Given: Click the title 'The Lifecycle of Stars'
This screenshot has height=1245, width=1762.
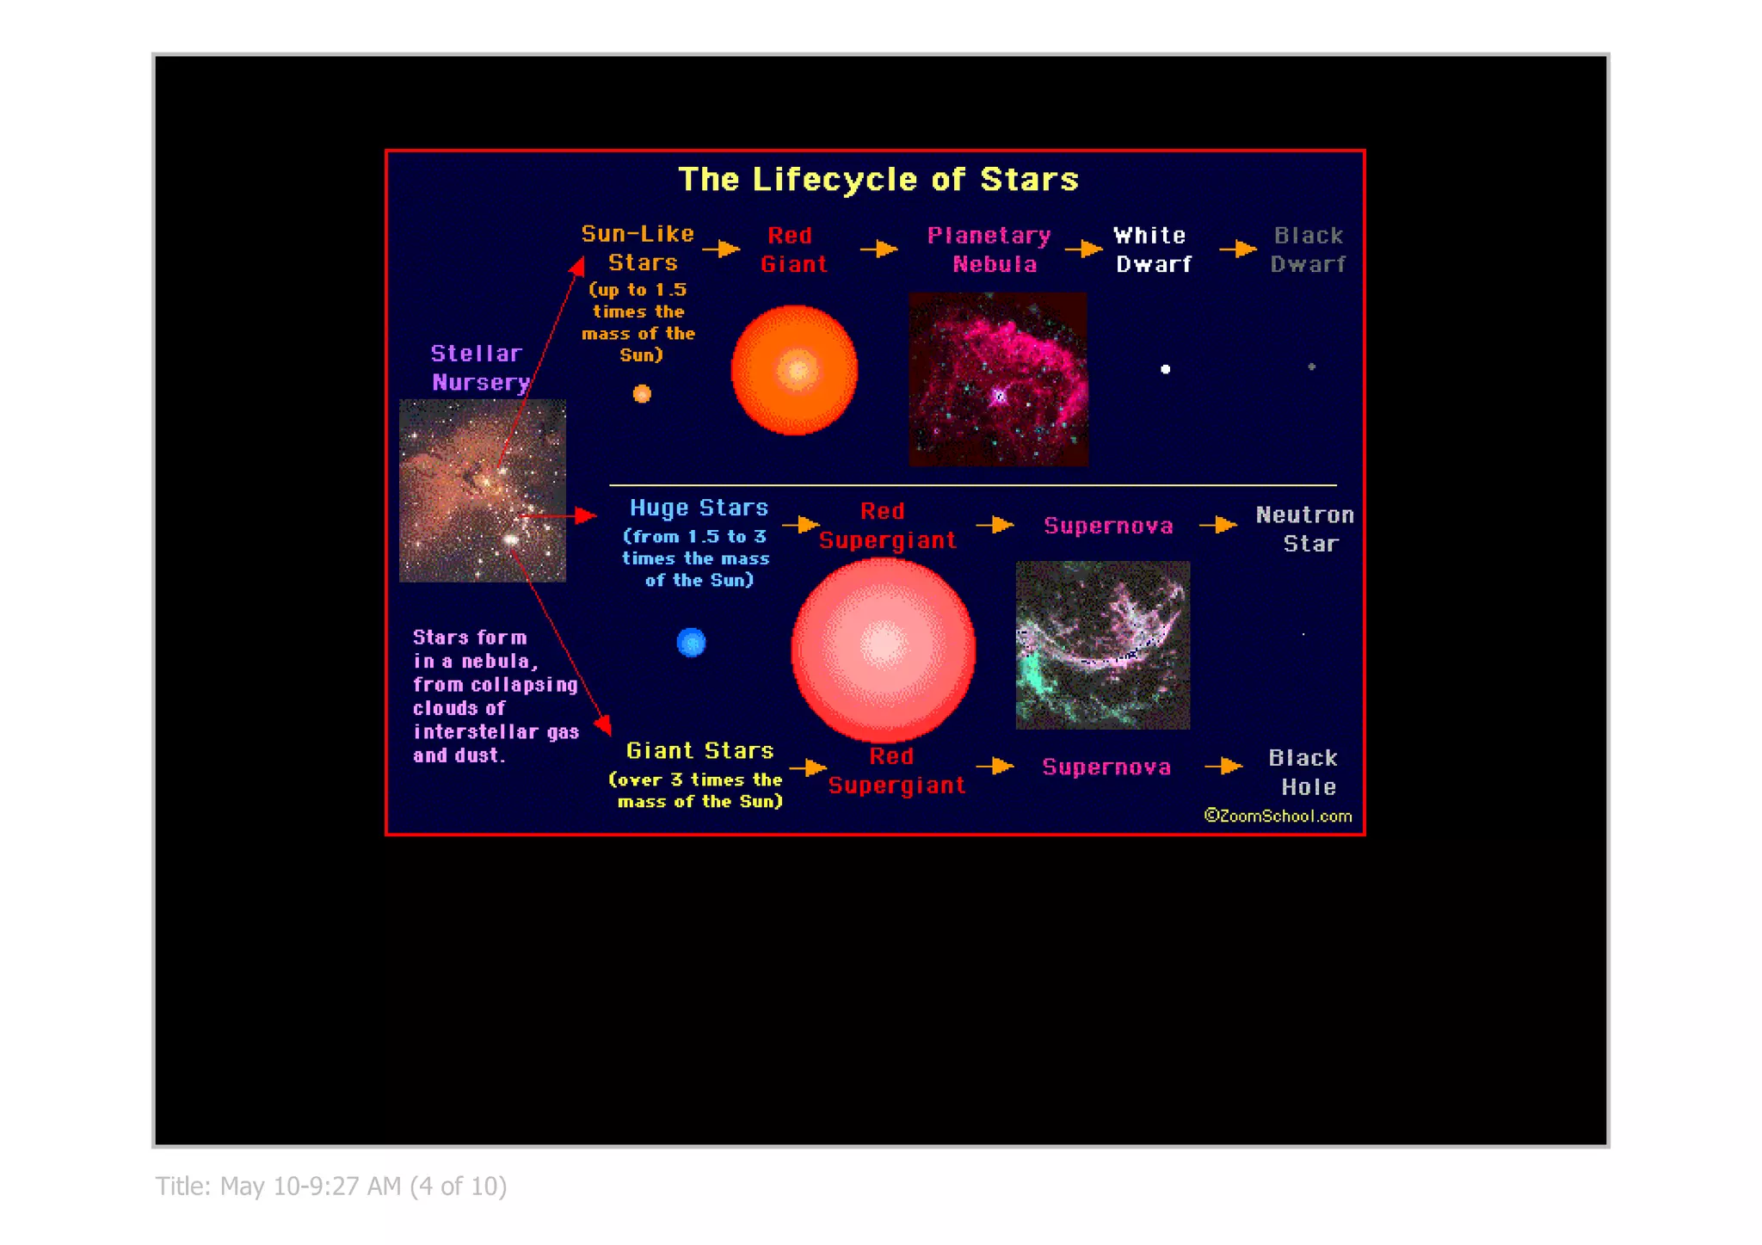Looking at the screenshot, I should pyautogui.click(x=878, y=179).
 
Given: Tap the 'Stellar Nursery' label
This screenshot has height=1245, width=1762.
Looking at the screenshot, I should pyautogui.click(x=478, y=368).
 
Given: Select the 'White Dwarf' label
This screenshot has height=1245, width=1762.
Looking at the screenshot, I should pyautogui.click(x=1152, y=250).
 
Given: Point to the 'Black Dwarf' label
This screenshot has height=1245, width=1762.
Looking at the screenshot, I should pyautogui.click(x=1308, y=250).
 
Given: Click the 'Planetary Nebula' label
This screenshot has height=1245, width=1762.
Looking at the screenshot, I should pyautogui.click(x=991, y=250).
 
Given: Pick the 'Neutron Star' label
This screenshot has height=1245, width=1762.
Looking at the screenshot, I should pyautogui.click(x=1305, y=528).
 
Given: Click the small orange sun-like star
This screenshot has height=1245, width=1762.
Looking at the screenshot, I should pyautogui.click(x=642, y=394).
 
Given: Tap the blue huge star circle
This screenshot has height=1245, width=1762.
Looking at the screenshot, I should pyautogui.click(x=691, y=642).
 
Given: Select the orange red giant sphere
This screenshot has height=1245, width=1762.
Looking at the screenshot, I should pyautogui.click(x=794, y=370).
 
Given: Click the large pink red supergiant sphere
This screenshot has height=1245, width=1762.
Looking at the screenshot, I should pyautogui.click(x=883, y=649).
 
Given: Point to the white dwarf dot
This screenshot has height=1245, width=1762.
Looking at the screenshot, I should pyautogui.click(x=1165, y=369).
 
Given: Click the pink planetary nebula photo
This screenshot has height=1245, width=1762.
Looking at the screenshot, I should pyautogui.click(x=998, y=379).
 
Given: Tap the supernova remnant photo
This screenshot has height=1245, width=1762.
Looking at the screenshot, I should pyautogui.click(x=1103, y=645).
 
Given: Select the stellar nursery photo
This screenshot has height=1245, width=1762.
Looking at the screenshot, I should pyautogui.click(x=483, y=490).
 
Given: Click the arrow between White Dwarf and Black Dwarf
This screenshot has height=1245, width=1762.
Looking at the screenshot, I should pyautogui.click(x=1238, y=250).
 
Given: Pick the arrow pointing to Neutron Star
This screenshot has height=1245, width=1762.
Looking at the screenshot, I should pyautogui.click(x=1218, y=525).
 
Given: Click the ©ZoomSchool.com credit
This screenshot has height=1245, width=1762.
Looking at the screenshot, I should pyautogui.click(x=1278, y=816).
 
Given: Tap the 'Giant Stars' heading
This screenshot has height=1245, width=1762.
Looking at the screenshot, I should pyautogui.click(x=699, y=751).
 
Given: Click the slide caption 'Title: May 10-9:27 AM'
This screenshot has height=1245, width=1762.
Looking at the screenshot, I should pyautogui.click(x=331, y=1186).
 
